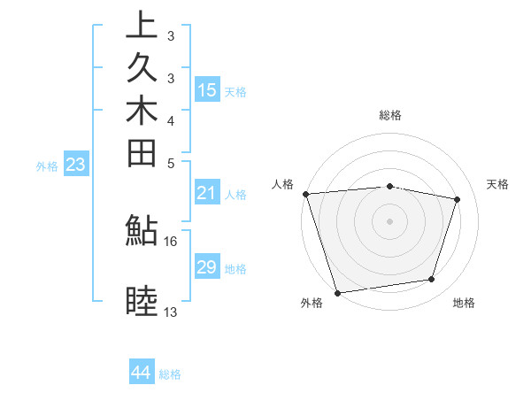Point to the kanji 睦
142,302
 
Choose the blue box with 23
76,164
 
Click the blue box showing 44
142,373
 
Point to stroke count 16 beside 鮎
170,241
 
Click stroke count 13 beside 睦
170,312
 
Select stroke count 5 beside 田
170,164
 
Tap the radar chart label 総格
390,115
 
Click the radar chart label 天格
497,184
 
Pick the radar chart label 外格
312,304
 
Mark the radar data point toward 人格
305,194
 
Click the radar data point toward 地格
432,280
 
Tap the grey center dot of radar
390,221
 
